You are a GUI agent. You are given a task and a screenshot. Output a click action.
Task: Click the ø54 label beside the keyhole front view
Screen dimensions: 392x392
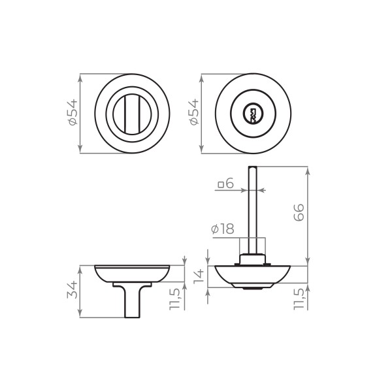point(193,113)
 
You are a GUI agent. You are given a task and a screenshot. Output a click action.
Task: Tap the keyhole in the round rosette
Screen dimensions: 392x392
point(252,114)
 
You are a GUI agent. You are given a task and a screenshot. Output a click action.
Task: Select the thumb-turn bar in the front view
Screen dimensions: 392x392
point(133,114)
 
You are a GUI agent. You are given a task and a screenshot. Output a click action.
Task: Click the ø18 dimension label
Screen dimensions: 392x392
point(223,229)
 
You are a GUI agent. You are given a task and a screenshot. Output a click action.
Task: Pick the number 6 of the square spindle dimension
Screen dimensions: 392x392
point(230,184)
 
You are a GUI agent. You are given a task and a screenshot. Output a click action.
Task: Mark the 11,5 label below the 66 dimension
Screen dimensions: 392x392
point(299,300)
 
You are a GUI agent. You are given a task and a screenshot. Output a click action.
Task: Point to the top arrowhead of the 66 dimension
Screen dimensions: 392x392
point(306,169)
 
